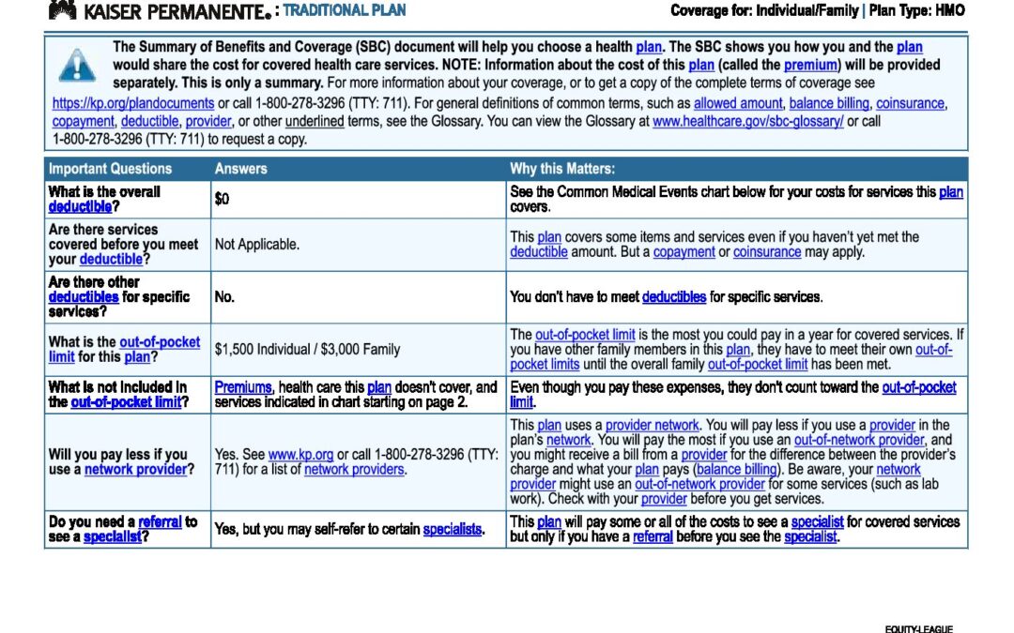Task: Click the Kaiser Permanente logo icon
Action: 62,10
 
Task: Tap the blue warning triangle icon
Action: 76,66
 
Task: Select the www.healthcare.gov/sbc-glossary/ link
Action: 747,121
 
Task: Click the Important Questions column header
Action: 110,169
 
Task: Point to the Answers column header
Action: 240,169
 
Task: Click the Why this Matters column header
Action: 562,169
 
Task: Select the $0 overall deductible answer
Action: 222,199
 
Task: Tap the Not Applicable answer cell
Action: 257,244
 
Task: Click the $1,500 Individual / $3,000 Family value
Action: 307,349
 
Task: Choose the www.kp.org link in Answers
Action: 300,454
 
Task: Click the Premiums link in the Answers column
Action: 243,386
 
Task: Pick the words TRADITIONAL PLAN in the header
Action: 345,10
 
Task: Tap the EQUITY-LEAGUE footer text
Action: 918,628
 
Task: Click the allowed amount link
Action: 737,103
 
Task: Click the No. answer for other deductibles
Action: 224,296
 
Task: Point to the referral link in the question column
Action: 160,521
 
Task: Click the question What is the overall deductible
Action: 104,199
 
